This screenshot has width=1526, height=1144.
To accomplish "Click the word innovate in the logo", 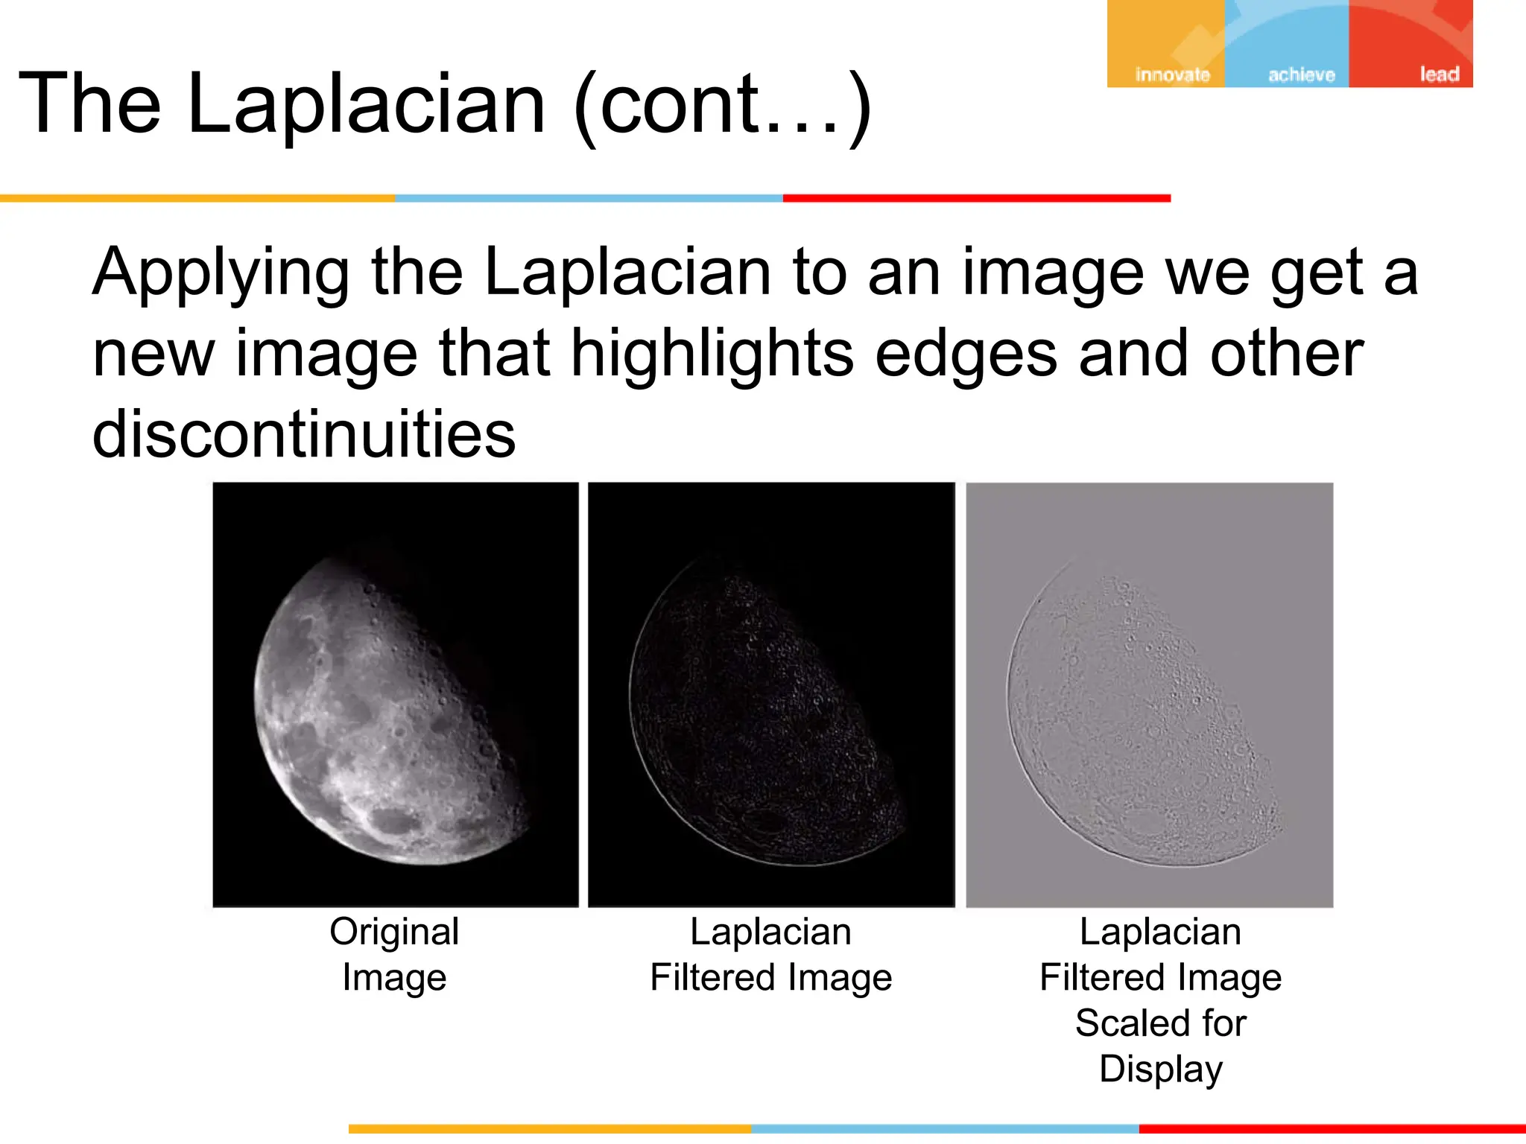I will (1172, 74).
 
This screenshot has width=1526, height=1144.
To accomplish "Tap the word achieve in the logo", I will (1301, 74).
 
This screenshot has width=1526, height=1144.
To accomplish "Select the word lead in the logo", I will (1439, 74).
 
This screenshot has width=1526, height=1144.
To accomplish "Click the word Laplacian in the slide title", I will (367, 104).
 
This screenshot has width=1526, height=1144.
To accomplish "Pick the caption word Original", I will (394, 932).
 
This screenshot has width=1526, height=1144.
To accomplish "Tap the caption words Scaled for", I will (1160, 1023).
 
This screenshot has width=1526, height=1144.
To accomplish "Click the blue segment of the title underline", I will (589, 198).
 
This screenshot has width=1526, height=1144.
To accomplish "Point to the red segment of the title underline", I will (976, 198).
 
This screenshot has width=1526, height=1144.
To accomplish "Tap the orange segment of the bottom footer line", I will (549, 1129).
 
